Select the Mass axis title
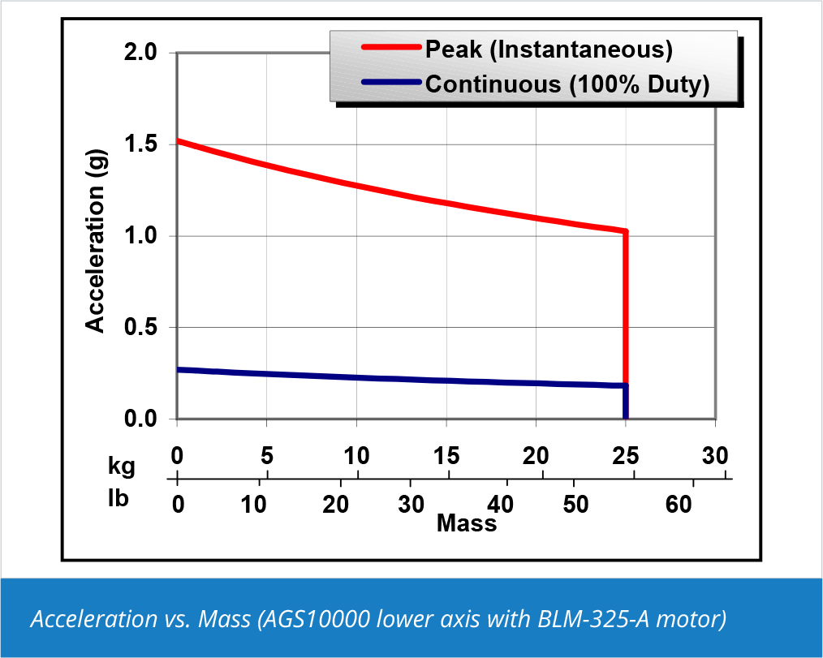[467, 523]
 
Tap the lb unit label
[118, 498]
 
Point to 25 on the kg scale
[625, 455]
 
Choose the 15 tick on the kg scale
[446, 455]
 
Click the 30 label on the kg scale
[715, 455]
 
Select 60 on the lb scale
[679, 505]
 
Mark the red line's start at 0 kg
[178, 141]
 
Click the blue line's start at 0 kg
[178, 370]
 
